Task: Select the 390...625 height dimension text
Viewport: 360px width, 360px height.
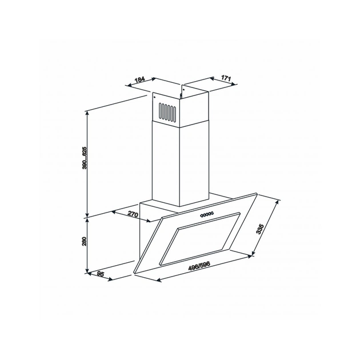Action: (x=84, y=158)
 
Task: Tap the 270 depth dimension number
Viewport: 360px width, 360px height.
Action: (x=133, y=214)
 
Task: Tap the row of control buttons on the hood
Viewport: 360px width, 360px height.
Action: (x=206, y=214)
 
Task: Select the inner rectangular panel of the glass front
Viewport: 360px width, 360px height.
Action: (x=203, y=237)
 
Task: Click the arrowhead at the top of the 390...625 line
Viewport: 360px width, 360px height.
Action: (x=87, y=113)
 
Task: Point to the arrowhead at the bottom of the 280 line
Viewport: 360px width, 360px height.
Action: (x=87, y=270)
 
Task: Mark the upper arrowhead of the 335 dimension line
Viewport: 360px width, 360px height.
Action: (x=281, y=201)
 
